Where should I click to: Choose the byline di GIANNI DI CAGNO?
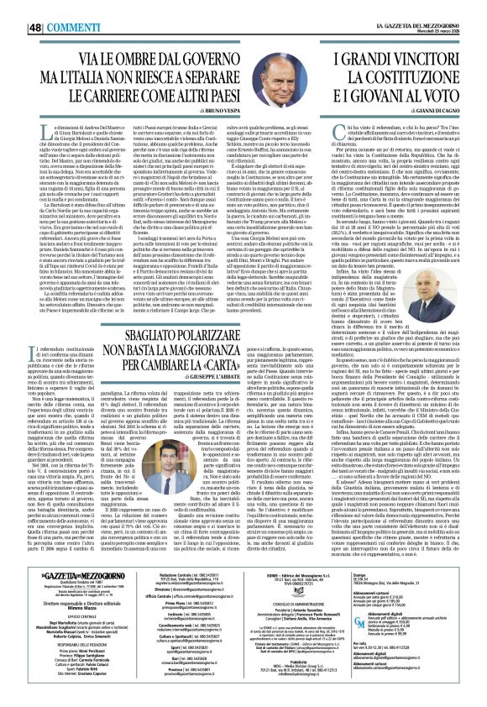click(x=437, y=111)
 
